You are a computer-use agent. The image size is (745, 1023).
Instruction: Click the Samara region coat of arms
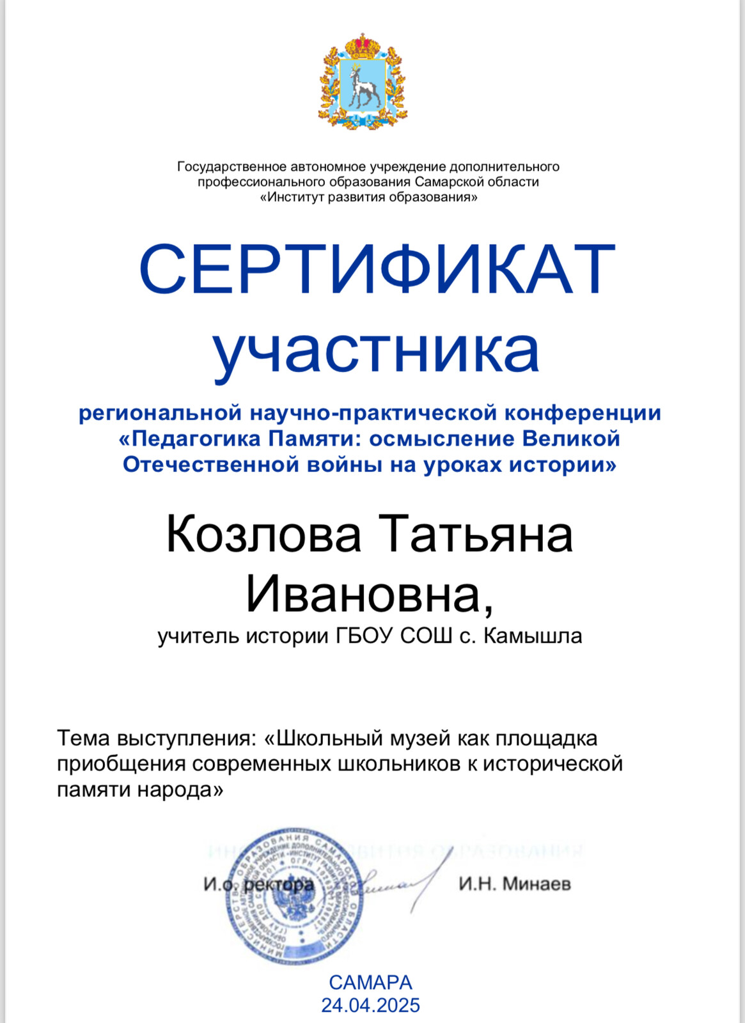(363, 81)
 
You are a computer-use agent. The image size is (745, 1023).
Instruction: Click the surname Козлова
(263, 535)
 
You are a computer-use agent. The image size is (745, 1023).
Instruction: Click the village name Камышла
(533, 636)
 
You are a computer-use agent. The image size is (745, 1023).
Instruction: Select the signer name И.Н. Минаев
(514, 884)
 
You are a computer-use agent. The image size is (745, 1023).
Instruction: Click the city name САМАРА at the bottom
(370, 982)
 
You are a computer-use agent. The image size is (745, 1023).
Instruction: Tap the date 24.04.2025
(370, 1005)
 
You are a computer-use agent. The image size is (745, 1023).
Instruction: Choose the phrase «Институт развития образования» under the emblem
(368, 197)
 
